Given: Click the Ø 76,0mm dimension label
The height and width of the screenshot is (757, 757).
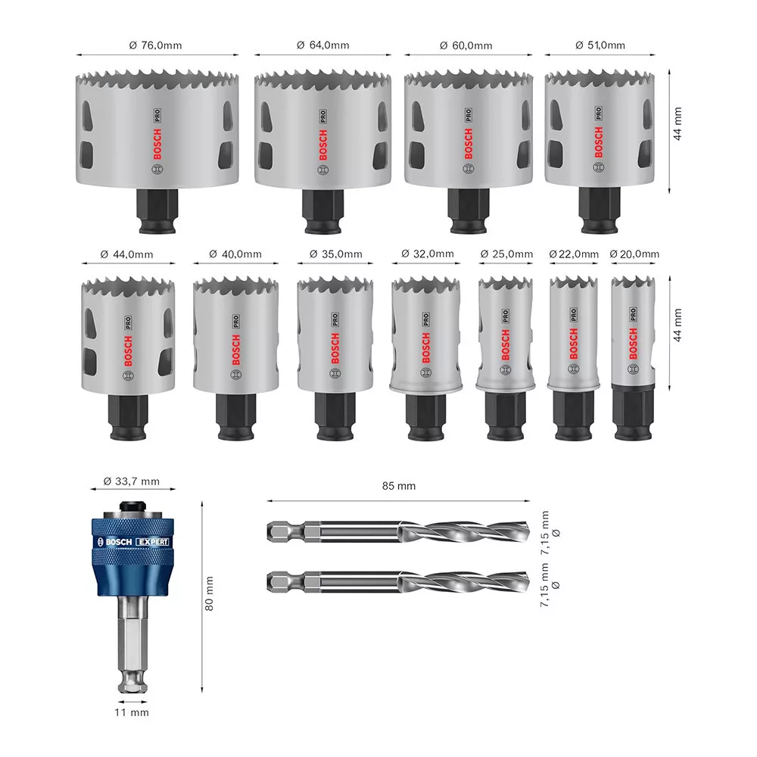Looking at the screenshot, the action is click(x=155, y=45).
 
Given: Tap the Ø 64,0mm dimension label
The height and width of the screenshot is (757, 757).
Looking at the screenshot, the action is click(x=323, y=45).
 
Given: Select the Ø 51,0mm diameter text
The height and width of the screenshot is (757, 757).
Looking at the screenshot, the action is click(x=600, y=45).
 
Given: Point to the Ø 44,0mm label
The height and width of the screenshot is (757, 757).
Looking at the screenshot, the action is click(x=126, y=254).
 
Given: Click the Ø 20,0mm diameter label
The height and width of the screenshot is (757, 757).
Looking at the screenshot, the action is click(x=634, y=254).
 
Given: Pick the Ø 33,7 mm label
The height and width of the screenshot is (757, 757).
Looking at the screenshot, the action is click(x=131, y=481).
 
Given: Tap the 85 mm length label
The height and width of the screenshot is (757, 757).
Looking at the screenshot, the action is click(x=399, y=486).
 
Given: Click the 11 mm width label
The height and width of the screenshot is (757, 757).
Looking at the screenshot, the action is click(x=132, y=712).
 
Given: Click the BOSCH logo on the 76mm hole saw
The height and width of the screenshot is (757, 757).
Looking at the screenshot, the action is click(x=157, y=145).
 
